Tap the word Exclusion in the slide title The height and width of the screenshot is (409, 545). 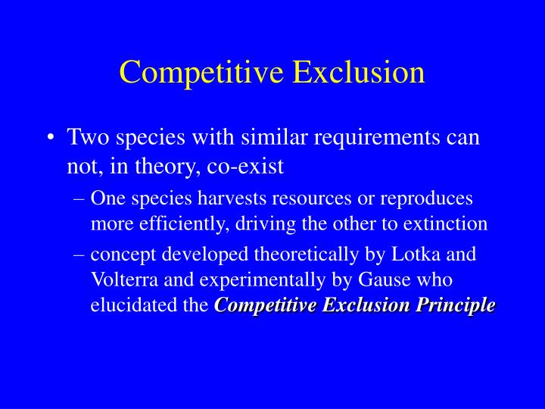(359, 72)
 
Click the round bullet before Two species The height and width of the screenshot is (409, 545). (50, 139)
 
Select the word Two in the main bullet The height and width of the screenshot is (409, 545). (85, 138)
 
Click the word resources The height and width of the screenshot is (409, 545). (292, 198)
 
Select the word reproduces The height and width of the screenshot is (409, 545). (430, 198)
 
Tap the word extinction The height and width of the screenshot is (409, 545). (446, 224)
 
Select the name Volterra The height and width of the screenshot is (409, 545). (122, 279)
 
